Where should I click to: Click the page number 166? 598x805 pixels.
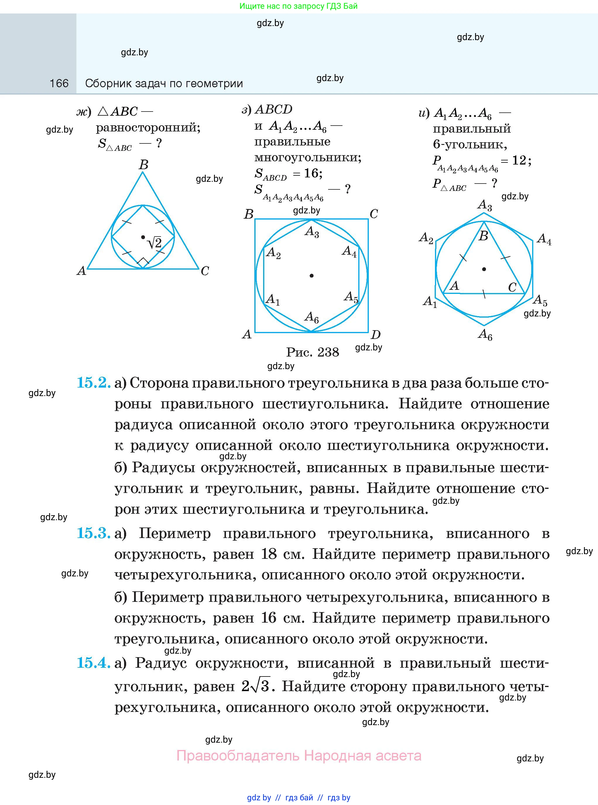pos(59,84)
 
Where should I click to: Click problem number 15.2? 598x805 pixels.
pos(93,383)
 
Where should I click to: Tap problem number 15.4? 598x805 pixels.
pos(93,663)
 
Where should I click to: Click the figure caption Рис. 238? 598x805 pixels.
pos(312,352)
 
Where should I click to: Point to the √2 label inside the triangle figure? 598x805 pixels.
pos(155,242)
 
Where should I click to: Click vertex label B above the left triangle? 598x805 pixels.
pos(144,165)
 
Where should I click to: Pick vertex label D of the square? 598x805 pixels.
pos(376,335)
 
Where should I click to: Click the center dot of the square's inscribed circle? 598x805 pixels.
pos(312,276)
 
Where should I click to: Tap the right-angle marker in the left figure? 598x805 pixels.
pos(144,262)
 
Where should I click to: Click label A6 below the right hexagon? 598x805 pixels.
pos(485,335)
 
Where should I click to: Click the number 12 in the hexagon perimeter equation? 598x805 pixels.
pos(519,160)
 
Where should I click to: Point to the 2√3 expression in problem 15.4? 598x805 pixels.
pos(256,686)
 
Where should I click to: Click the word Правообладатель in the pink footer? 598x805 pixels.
pos(238,756)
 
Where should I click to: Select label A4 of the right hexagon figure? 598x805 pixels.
pos(544,239)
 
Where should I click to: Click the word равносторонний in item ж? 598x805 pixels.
pos(148,128)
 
